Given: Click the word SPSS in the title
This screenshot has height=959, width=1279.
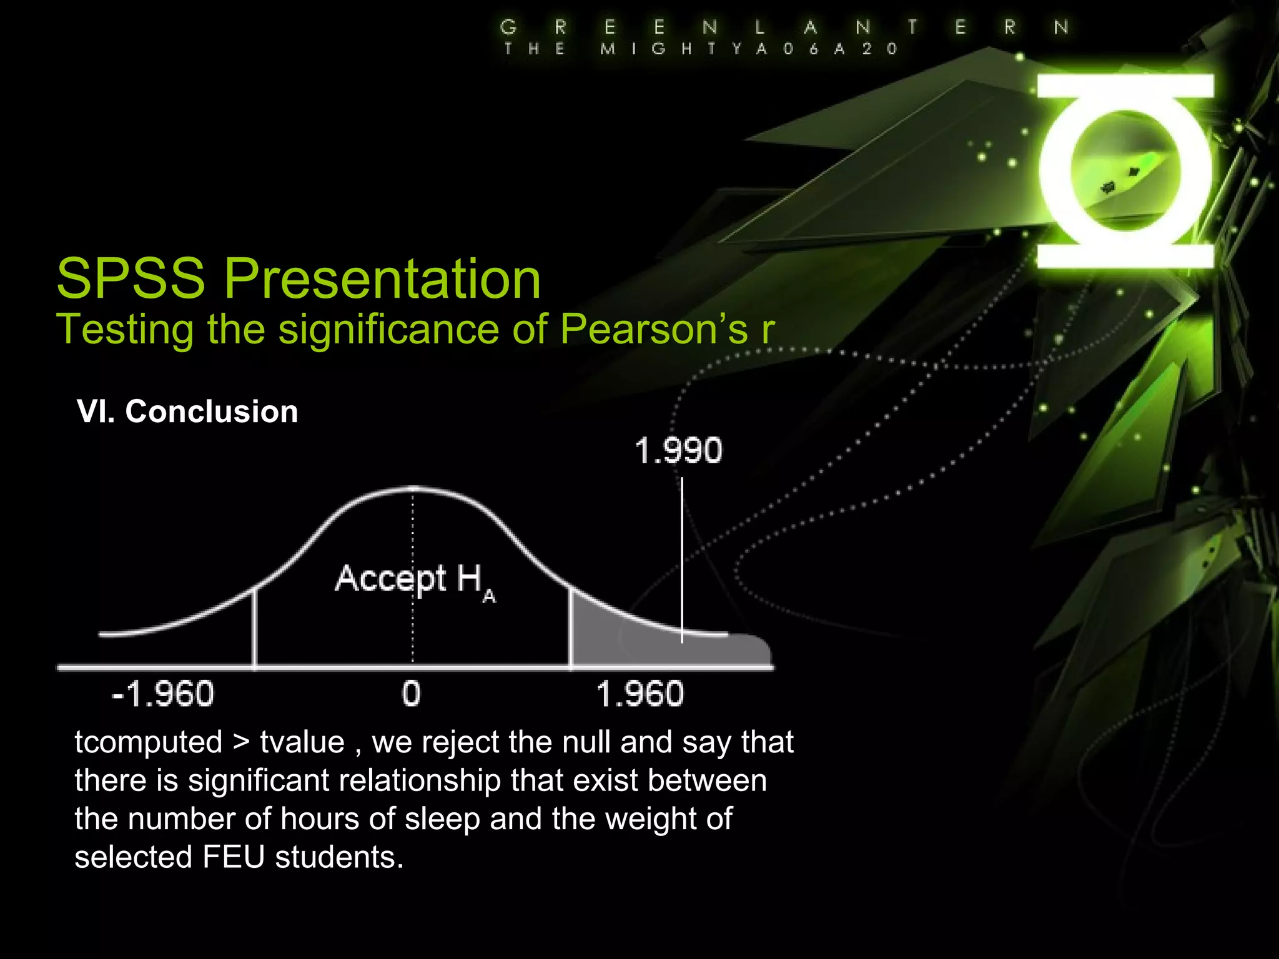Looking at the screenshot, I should point(131,278).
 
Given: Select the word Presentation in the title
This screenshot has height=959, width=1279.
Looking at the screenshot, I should point(382,280).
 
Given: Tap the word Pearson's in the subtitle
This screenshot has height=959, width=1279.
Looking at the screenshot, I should point(653,329).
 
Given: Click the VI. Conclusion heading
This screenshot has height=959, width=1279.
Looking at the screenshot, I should point(187,412).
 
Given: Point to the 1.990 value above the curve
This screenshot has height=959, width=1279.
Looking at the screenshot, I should point(678,451).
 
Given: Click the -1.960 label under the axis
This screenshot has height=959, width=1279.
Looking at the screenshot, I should point(162,694).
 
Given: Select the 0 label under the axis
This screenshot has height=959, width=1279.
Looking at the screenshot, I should point(411,694).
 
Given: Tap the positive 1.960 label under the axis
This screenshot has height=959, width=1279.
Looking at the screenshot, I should point(640,694).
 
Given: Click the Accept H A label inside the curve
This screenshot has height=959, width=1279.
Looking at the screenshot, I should point(415,581).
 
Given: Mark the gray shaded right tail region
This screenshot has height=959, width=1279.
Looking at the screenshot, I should point(625,643).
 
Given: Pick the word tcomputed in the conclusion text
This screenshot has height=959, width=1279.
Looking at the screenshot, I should point(149,742).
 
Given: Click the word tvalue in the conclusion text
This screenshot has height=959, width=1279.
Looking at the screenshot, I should point(302,742).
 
